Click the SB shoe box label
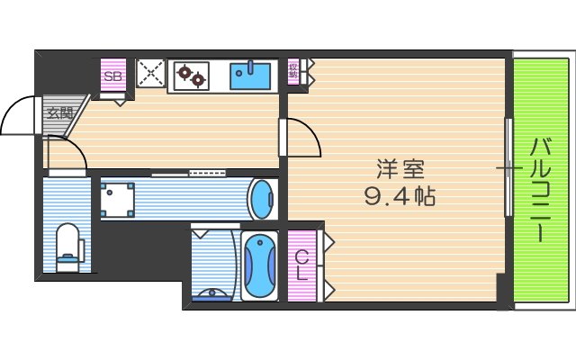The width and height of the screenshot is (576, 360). [112, 76]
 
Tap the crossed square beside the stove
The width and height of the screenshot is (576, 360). [149, 73]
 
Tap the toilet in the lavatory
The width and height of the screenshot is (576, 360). [67, 247]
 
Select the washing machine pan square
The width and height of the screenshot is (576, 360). [117, 198]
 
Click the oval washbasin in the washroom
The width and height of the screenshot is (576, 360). [260, 198]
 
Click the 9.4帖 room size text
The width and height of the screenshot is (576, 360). [400, 195]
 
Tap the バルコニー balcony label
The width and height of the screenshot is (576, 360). [540, 189]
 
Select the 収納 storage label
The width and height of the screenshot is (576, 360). [293, 71]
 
